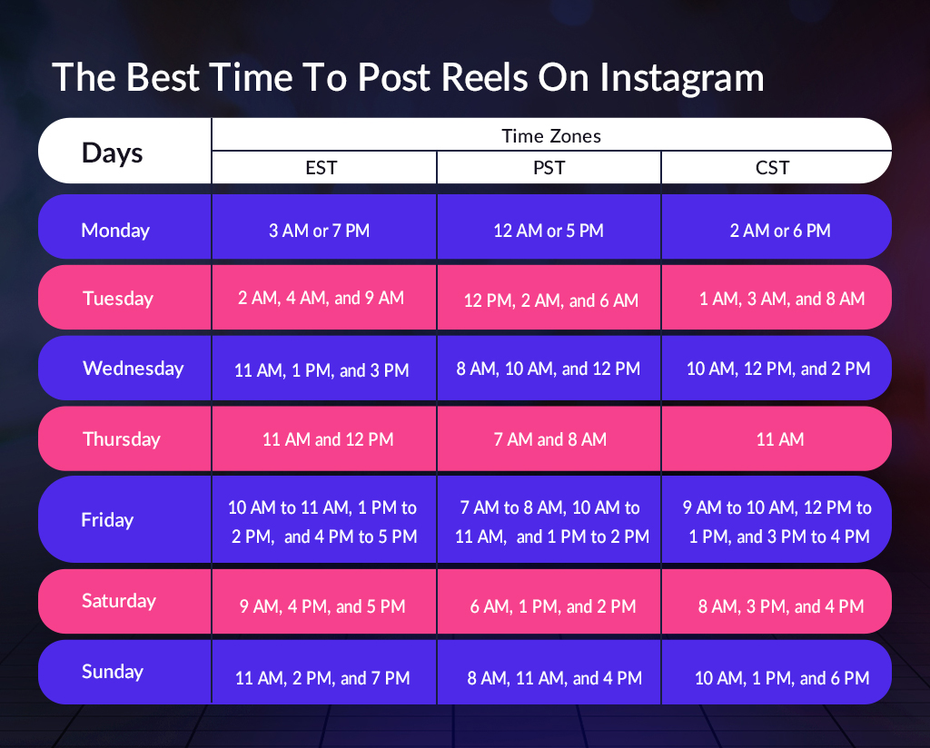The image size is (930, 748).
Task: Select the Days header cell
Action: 113,152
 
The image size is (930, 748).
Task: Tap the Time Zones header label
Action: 551,136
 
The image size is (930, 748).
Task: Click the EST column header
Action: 323,168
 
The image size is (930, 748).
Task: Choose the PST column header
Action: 549,168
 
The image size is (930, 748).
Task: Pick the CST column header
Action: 773,168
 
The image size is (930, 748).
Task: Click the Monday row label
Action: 115,231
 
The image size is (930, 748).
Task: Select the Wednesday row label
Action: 133,369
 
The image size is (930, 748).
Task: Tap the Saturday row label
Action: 119,601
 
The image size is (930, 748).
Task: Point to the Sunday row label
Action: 113,672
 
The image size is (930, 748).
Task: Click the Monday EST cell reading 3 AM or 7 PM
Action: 319,231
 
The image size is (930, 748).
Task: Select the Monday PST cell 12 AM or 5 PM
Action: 549,231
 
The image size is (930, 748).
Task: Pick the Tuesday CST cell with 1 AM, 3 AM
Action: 781,299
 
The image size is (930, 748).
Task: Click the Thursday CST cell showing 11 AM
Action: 779,439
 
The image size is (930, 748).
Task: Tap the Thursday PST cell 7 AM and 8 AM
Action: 549,439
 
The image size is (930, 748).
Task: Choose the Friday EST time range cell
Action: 322,522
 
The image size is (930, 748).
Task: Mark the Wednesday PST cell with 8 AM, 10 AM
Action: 549,369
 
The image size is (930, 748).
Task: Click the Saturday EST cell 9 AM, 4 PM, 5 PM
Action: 322,606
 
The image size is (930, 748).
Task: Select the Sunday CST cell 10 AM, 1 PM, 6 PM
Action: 782,678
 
